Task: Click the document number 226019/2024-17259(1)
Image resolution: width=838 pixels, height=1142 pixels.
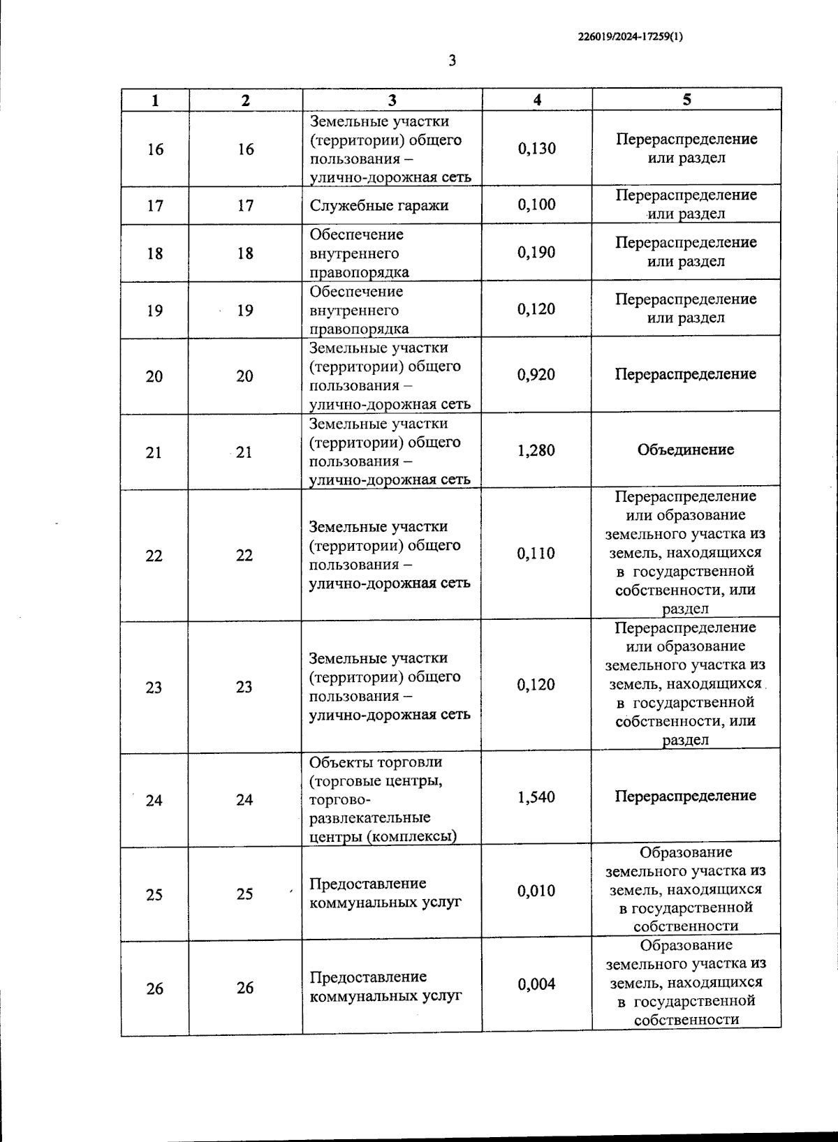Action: tap(631, 38)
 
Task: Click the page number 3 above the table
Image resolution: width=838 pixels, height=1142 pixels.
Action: tap(452, 61)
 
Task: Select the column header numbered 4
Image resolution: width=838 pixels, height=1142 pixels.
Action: tap(536, 100)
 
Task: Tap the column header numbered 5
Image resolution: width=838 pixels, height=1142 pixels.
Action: tap(686, 100)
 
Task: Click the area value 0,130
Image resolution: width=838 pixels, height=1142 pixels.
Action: tap(536, 149)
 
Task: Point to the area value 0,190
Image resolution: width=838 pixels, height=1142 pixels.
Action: tap(536, 253)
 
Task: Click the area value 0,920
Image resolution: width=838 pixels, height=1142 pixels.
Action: tap(536, 375)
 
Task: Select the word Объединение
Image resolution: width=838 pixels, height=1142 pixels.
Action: tap(686, 450)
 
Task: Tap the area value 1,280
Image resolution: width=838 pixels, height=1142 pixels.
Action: tap(536, 451)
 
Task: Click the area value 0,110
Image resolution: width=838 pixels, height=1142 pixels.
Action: tap(536, 554)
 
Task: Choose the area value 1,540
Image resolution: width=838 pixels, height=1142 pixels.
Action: tap(536, 797)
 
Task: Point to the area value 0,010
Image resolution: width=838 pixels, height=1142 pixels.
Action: tap(536, 891)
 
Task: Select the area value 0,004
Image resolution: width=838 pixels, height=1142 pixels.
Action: tap(536, 984)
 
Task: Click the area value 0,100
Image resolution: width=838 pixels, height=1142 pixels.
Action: tap(536, 205)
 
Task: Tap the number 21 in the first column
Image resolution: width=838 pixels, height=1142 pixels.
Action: tap(154, 452)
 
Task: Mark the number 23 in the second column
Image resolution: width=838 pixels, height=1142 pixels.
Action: tap(244, 687)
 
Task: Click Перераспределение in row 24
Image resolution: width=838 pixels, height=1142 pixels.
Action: tap(686, 796)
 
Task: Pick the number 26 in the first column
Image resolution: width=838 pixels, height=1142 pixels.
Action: tap(154, 988)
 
